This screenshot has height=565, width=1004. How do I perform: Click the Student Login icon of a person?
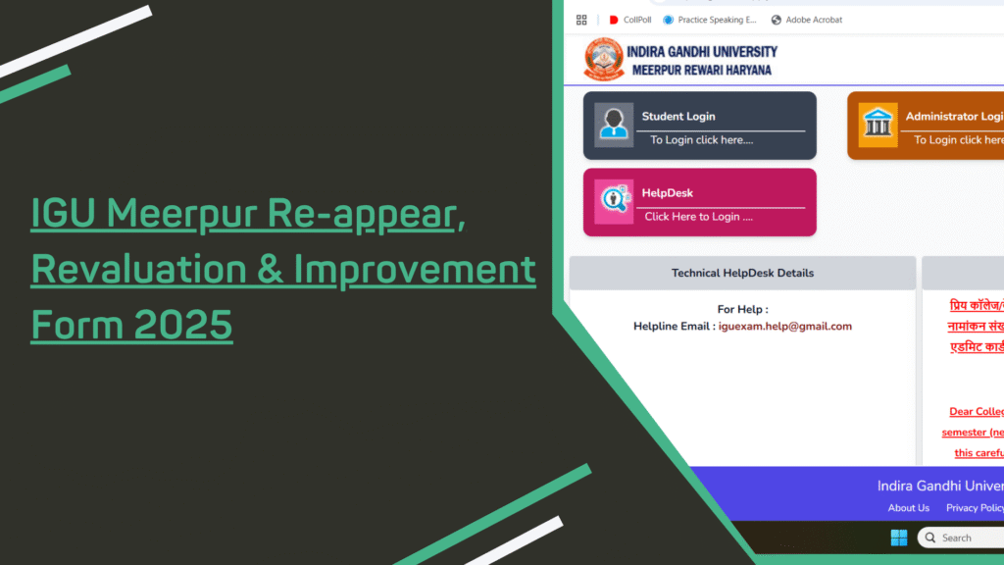[614, 125]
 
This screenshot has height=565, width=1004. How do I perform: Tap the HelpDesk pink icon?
[614, 201]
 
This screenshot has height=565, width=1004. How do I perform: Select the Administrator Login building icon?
[878, 125]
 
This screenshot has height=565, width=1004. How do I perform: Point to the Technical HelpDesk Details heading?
[742, 273]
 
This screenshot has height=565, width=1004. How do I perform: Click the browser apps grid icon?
[581, 20]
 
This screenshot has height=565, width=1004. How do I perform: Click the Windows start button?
[898, 538]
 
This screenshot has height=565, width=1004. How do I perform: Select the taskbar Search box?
[961, 538]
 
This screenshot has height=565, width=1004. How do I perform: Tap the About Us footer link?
[908, 508]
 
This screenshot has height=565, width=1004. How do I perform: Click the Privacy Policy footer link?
[975, 508]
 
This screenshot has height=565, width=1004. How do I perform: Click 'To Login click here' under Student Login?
[701, 140]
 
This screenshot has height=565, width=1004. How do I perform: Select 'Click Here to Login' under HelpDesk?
[698, 217]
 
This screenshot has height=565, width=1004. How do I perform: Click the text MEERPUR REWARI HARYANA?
[701, 71]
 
